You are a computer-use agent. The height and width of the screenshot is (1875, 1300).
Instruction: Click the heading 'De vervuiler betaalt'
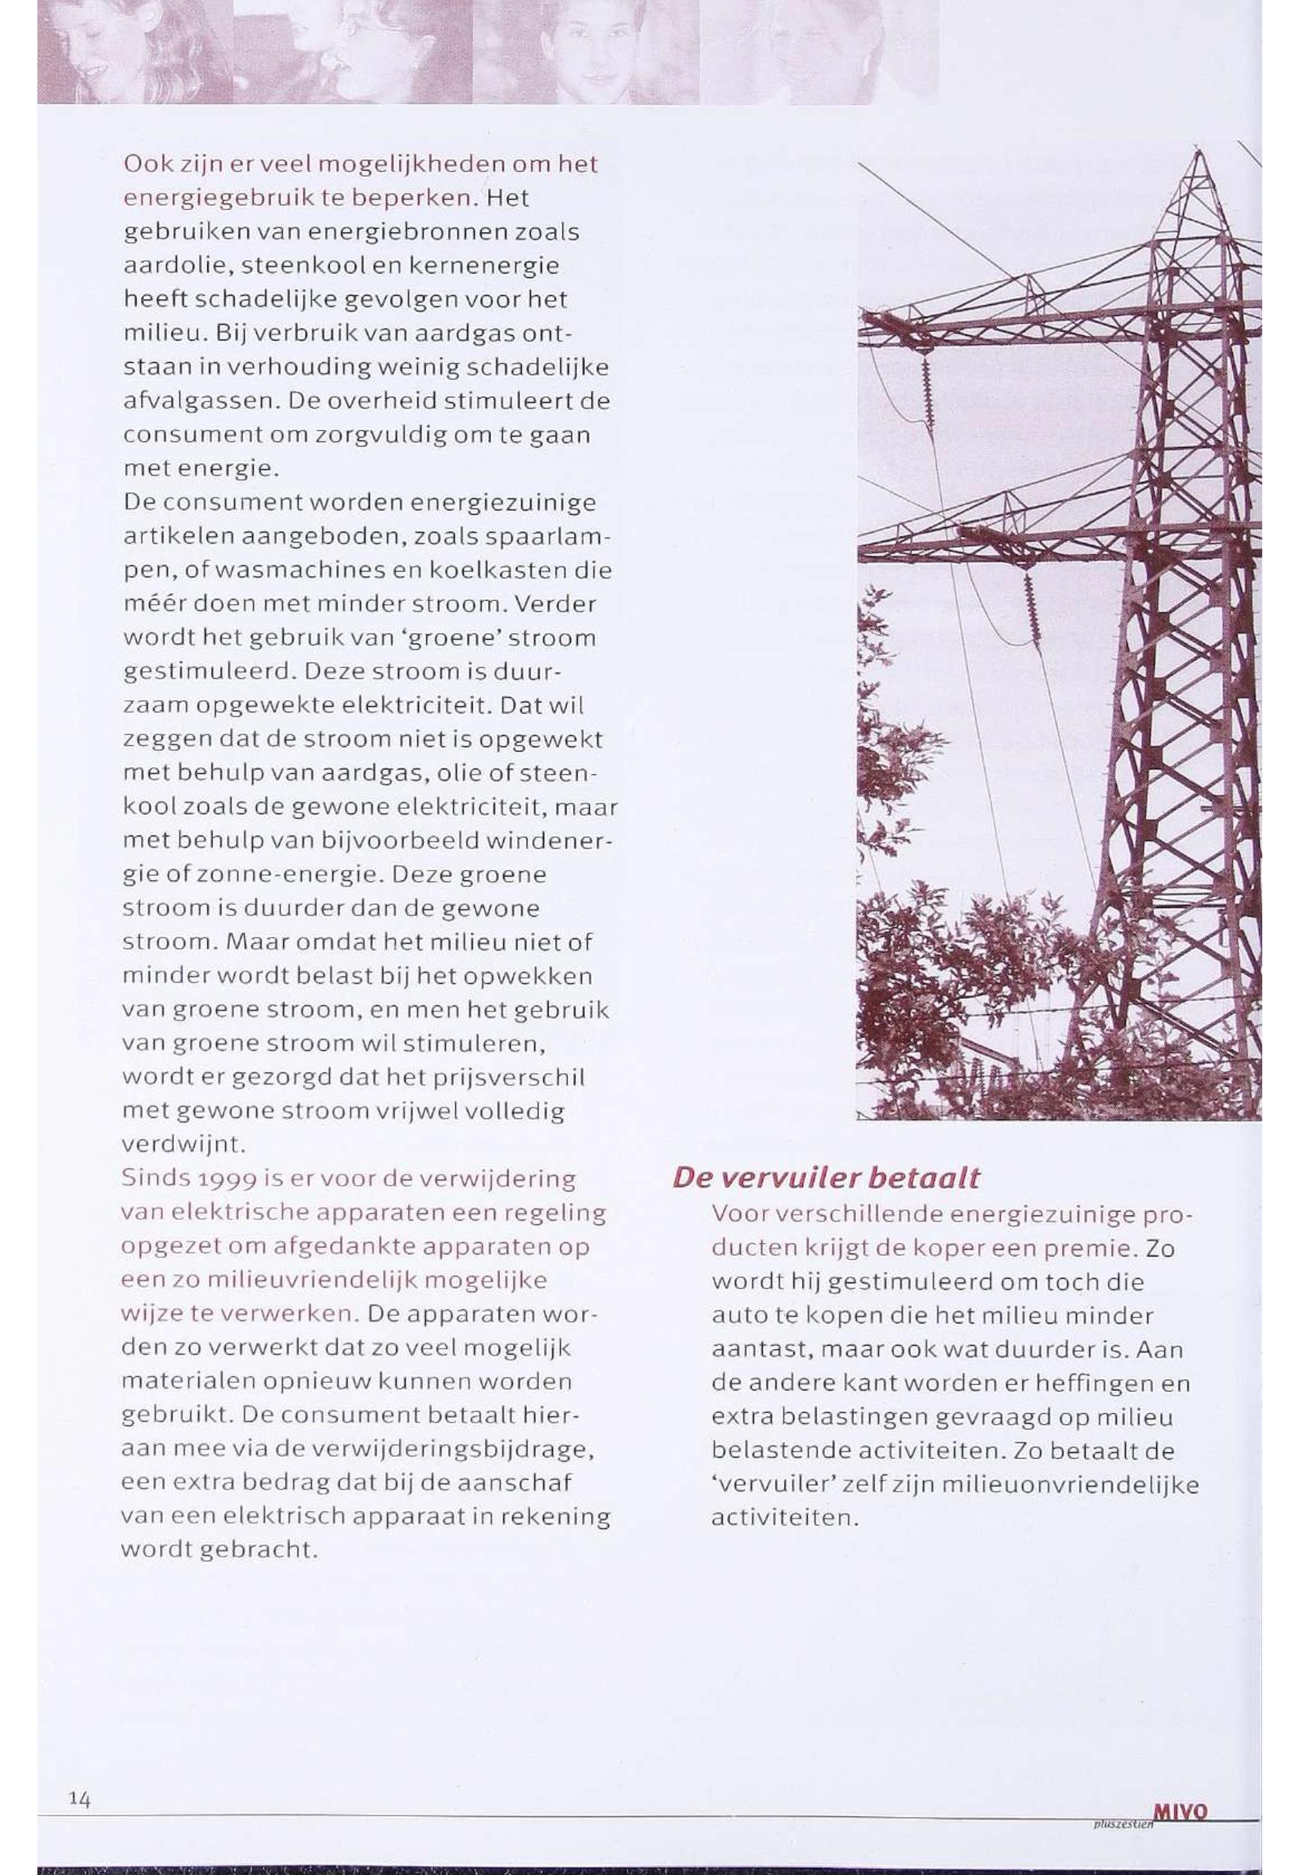click(825, 1177)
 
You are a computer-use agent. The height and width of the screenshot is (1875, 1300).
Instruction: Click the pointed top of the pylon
click(1197, 152)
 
